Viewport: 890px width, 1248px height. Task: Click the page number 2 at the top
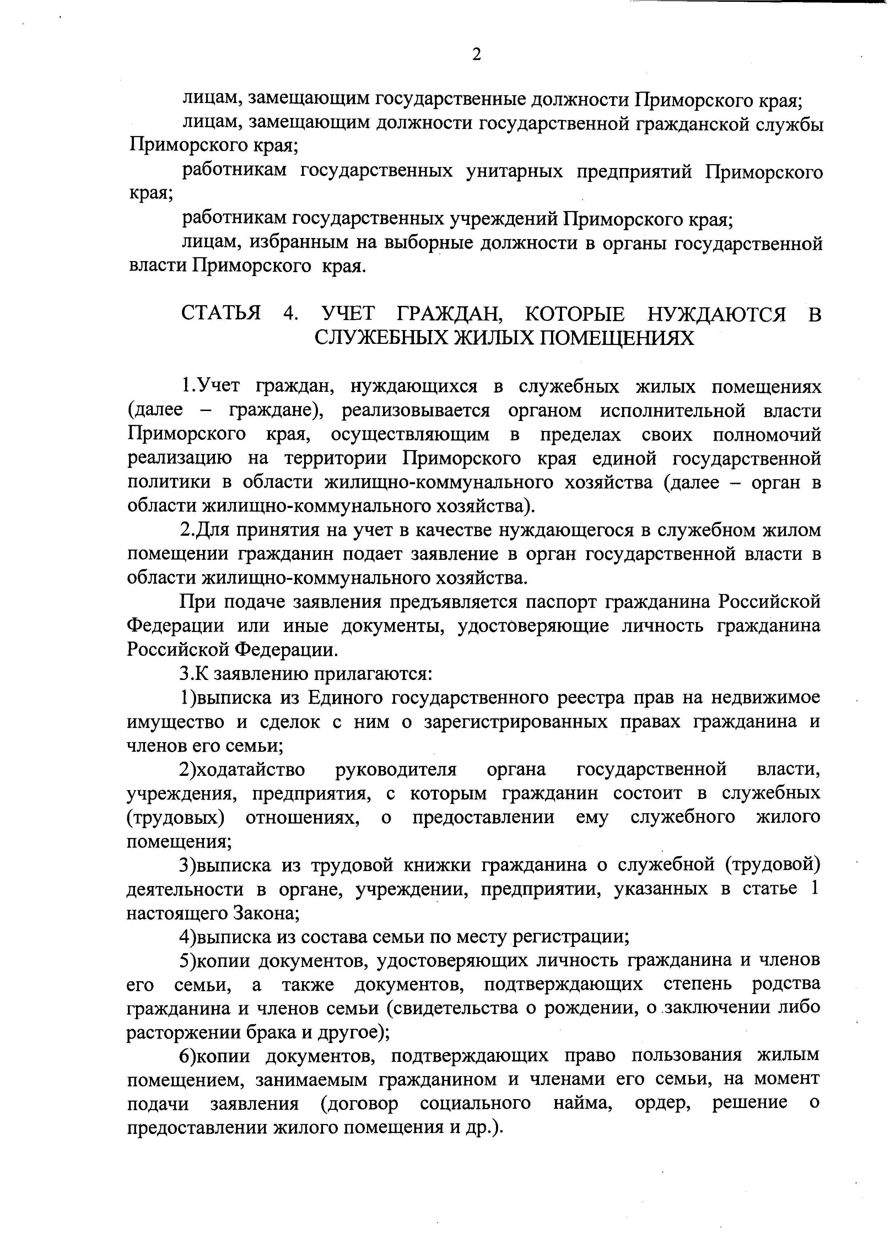(x=476, y=54)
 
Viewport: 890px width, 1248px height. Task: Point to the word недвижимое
(x=766, y=698)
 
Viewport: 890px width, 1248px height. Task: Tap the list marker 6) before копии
(x=188, y=1056)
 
